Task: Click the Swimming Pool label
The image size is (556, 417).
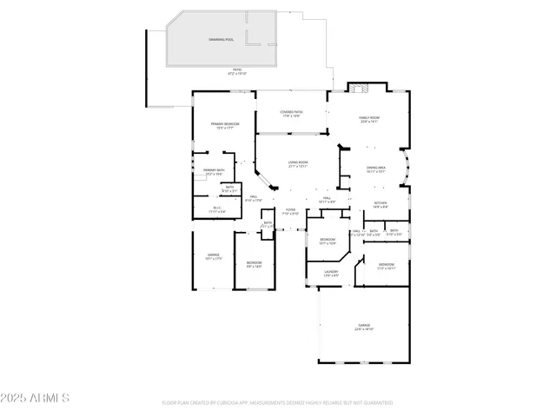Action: click(x=221, y=40)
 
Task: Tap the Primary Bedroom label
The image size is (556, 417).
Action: click(x=225, y=126)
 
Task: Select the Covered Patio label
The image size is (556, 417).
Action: click(x=291, y=114)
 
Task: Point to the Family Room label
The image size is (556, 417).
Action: click(x=371, y=120)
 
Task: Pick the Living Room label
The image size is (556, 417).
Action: click(x=298, y=163)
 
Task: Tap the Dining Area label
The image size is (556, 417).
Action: click(x=375, y=169)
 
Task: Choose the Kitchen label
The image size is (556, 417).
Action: click(x=380, y=205)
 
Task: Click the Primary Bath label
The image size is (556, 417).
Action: click(x=214, y=171)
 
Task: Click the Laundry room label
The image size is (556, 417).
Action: click(x=331, y=274)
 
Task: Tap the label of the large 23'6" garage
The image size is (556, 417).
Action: click(x=363, y=328)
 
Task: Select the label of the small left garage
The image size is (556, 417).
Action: click(x=213, y=256)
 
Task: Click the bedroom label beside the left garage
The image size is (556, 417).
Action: click(x=254, y=264)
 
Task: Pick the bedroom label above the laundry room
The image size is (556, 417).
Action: click(x=328, y=241)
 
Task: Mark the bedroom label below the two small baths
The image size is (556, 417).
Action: click(x=386, y=266)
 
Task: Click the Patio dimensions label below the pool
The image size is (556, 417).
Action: click(x=236, y=72)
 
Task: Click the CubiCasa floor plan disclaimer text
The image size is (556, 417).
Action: click(x=277, y=403)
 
